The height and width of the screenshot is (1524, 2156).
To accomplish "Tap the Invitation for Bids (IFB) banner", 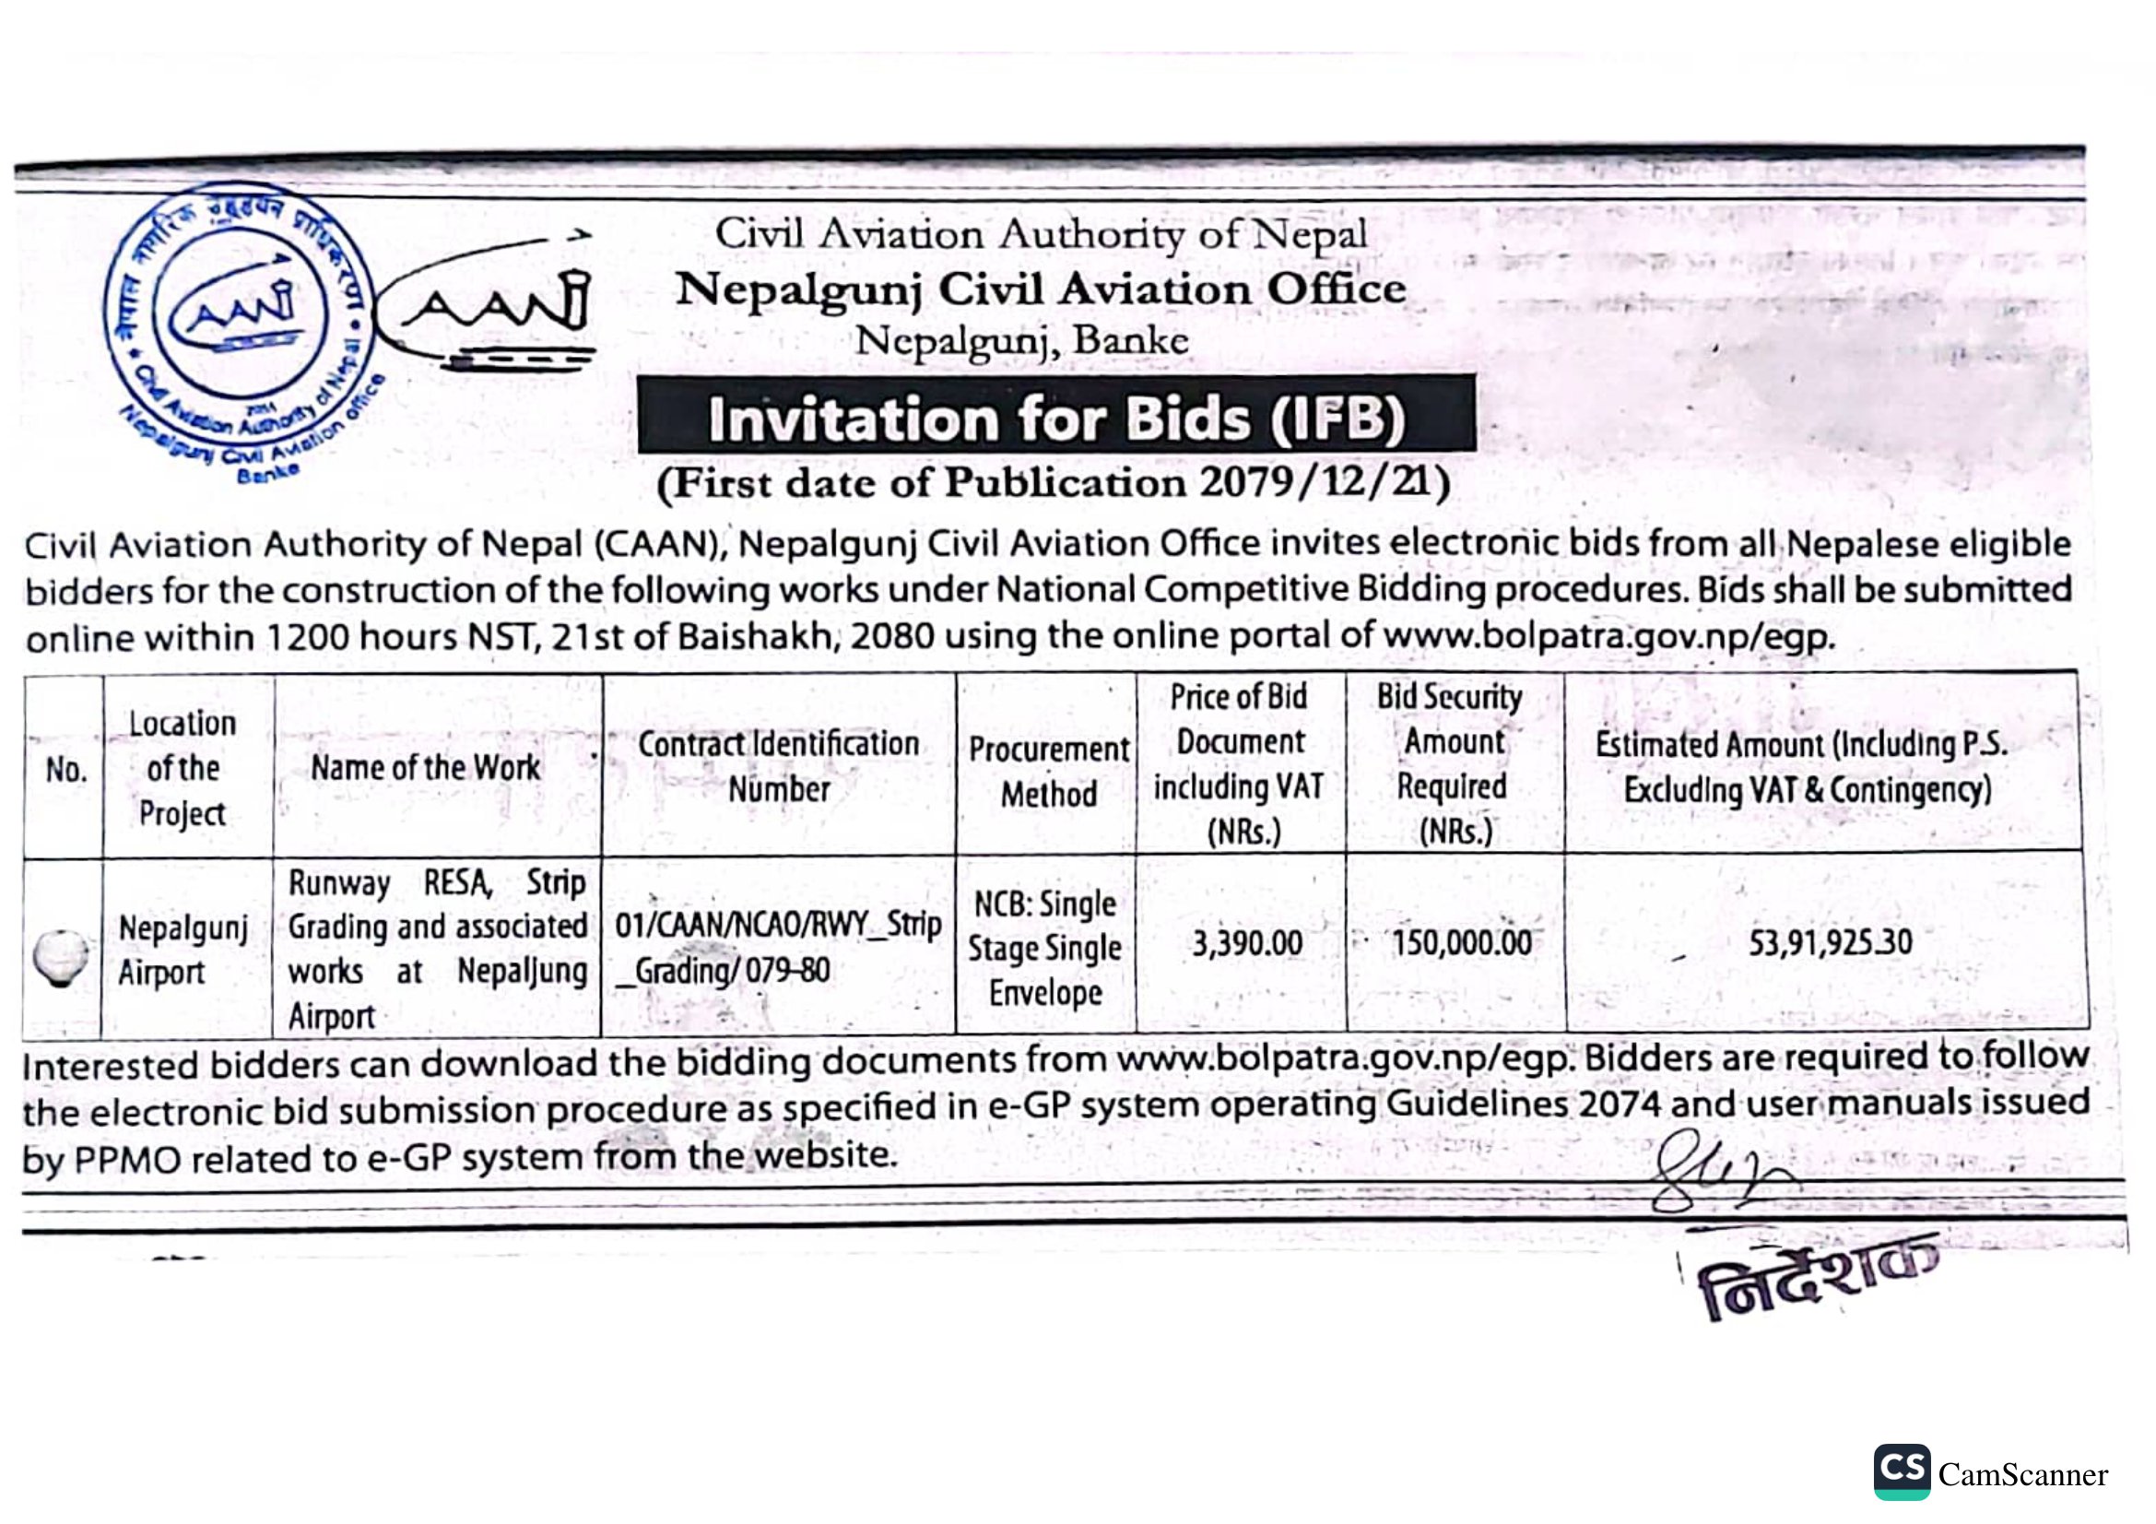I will point(1055,418).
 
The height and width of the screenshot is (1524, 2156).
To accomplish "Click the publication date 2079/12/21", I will point(1324,483).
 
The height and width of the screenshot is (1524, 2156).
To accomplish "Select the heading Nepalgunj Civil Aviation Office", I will point(1041,289).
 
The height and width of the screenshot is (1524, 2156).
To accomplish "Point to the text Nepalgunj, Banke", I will point(1021,340).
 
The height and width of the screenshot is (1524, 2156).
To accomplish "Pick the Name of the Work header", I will point(425,768).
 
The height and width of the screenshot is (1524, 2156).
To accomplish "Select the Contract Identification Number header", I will point(779,766).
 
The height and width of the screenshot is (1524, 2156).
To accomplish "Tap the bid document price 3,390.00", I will point(1247,943).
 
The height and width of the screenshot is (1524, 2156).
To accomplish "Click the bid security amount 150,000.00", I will point(1461,943).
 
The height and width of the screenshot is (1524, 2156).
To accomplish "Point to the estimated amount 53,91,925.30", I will point(1829,942).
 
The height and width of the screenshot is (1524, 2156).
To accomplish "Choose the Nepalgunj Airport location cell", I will point(183,951).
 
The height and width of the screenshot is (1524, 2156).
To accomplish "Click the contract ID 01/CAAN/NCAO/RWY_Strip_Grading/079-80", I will point(778,948).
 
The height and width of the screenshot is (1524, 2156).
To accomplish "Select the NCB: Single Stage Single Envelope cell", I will point(1045,949).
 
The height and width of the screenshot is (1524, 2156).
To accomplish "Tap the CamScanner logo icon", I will point(1902,1471).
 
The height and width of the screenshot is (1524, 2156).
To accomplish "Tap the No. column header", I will point(65,770).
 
